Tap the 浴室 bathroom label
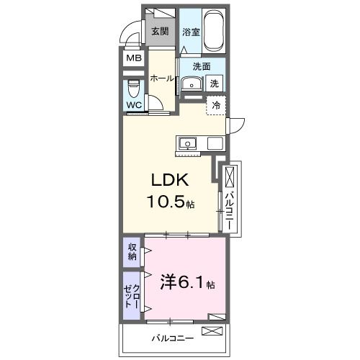(x=190, y=32)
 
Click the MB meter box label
(x=134, y=59)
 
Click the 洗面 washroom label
(x=201, y=67)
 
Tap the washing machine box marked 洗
(x=215, y=83)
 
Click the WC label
(x=134, y=105)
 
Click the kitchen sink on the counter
(x=189, y=142)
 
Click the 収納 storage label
(x=132, y=252)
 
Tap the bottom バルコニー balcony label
(x=171, y=337)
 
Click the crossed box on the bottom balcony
(x=212, y=331)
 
